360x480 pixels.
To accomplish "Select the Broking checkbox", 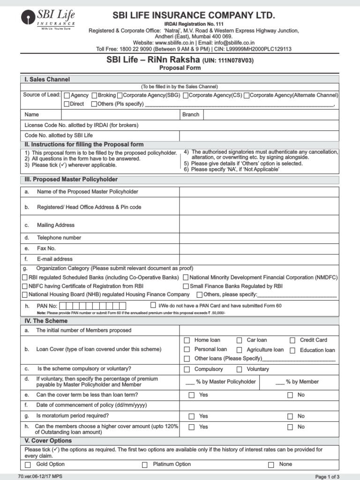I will point(94,95).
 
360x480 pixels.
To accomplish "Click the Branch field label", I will point(191,114).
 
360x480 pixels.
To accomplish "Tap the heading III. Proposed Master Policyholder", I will point(71,180).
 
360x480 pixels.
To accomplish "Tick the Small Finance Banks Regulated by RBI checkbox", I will point(186,286).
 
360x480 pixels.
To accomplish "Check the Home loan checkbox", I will point(187,340).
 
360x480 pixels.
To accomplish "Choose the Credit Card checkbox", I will point(292,340).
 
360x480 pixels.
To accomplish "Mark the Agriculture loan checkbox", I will point(239,350).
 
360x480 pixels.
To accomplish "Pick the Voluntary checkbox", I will point(239,369).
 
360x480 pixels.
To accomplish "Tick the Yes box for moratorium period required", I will point(191,416).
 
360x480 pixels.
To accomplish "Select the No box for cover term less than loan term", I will point(290,395).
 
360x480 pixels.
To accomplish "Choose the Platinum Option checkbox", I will point(145,465).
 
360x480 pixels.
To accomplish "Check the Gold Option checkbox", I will point(28,465).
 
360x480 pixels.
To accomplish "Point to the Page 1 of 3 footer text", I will point(327,477).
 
